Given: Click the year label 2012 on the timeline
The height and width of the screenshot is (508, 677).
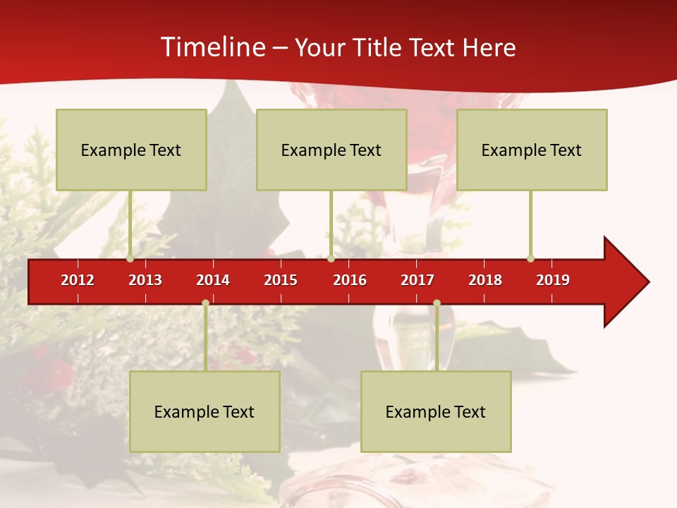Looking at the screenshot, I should pos(78,280).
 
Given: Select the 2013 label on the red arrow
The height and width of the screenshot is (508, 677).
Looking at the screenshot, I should pos(145,280).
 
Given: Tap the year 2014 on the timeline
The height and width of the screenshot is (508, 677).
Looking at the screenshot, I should pos(213,280).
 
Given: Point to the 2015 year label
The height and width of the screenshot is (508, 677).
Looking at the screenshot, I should pos(281,280).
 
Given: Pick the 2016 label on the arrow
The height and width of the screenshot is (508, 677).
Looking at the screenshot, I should pos(350,280).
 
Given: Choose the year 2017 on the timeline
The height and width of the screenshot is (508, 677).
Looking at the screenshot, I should pos(417,280).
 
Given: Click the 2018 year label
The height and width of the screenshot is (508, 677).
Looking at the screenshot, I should pos(485,280).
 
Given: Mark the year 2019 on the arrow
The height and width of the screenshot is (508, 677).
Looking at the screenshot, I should pos(553,280).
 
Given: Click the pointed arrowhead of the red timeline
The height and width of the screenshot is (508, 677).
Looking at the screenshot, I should pos(628,282).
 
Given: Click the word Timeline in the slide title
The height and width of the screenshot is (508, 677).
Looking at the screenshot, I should pos(212,47).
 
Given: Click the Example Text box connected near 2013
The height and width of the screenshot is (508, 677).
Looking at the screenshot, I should pos(131,150).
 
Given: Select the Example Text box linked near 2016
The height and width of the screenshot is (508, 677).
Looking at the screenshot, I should pos(331,150).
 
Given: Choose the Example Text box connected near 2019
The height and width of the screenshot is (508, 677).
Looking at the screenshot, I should pos(532,150).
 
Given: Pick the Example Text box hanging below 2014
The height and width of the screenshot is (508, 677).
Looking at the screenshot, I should pos(205,411).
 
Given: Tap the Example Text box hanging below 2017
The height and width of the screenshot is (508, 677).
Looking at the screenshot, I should pos(436,411).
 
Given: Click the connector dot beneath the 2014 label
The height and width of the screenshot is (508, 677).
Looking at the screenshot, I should pos(205,303).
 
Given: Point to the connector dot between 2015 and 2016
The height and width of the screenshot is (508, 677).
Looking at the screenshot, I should pos(331,258).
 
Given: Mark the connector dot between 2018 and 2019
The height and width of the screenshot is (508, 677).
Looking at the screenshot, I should pos(530,258).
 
